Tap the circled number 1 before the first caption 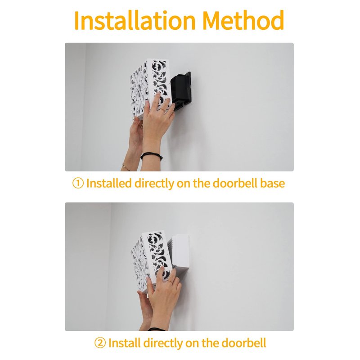[x=78, y=184]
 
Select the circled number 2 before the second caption [x=100, y=343]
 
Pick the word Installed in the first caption [x=109, y=184]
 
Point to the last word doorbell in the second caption [x=244, y=343]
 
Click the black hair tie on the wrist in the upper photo [x=152, y=156]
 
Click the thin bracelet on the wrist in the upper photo [x=126, y=167]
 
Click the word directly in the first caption [x=154, y=184]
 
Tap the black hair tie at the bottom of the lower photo [x=157, y=329]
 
